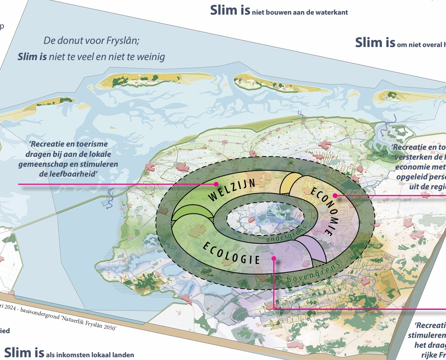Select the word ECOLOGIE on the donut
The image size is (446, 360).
[231, 253]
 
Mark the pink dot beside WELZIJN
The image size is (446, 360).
[216, 184]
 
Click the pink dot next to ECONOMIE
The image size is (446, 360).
[335, 195]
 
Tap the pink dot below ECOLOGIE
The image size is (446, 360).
[274, 258]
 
